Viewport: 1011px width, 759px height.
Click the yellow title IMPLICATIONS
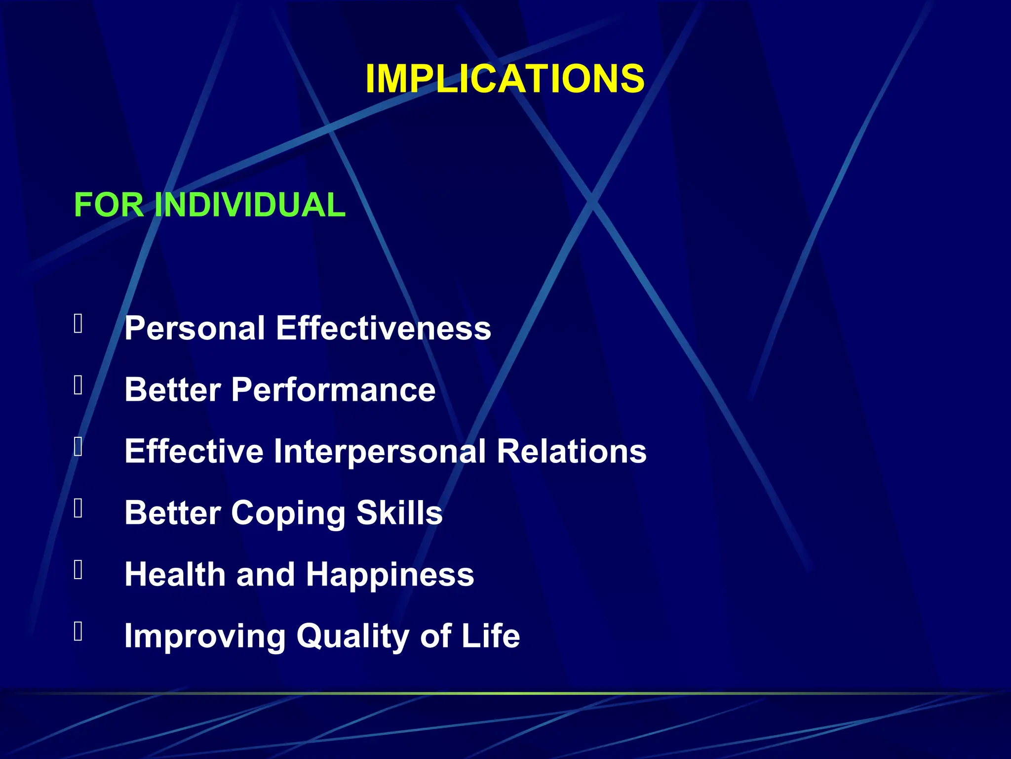point(505,79)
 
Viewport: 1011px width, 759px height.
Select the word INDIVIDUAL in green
point(250,205)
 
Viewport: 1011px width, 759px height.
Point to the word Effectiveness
point(383,328)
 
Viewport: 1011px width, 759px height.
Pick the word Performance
point(333,390)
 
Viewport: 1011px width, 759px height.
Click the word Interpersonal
point(380,451)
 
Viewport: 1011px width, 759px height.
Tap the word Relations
point(571,451)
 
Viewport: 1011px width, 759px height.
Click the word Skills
point(399,512)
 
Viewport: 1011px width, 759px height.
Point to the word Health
point(175,574)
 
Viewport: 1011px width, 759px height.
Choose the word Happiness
point(389,575)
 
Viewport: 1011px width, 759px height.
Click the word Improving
point(204,636)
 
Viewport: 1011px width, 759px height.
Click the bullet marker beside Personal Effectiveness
point(78,324)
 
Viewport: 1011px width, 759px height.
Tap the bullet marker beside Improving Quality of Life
point(78,631)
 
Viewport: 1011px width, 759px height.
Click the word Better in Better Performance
point(172,390)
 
